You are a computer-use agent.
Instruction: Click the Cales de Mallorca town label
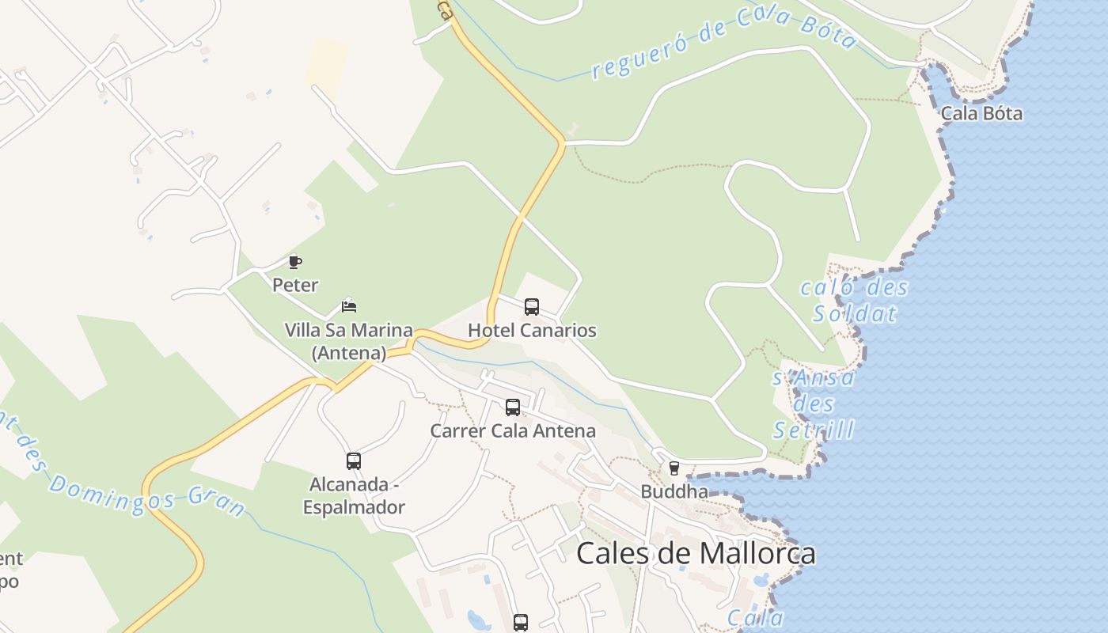(696, 553)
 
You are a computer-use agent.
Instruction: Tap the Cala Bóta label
(981, 113)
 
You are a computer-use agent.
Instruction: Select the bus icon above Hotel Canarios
(532, 306)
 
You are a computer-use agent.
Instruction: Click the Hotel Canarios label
(532, 330)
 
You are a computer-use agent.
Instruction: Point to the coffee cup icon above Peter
(295, 262)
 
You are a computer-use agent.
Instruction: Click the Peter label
(295, 285)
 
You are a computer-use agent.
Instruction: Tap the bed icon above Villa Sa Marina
(349, 306)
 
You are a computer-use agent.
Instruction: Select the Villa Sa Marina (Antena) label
(349, 341)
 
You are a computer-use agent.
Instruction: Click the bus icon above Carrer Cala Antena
(513, 407)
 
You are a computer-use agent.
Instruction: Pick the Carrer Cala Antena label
(513, 431)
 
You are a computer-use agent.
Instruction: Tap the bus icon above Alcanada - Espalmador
(354, 461)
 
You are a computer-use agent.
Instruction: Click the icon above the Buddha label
(674, 468)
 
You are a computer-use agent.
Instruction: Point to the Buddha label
(674, 491)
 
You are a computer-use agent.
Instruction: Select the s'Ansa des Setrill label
(814, 404)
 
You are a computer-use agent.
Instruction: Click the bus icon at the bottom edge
(520, 623)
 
